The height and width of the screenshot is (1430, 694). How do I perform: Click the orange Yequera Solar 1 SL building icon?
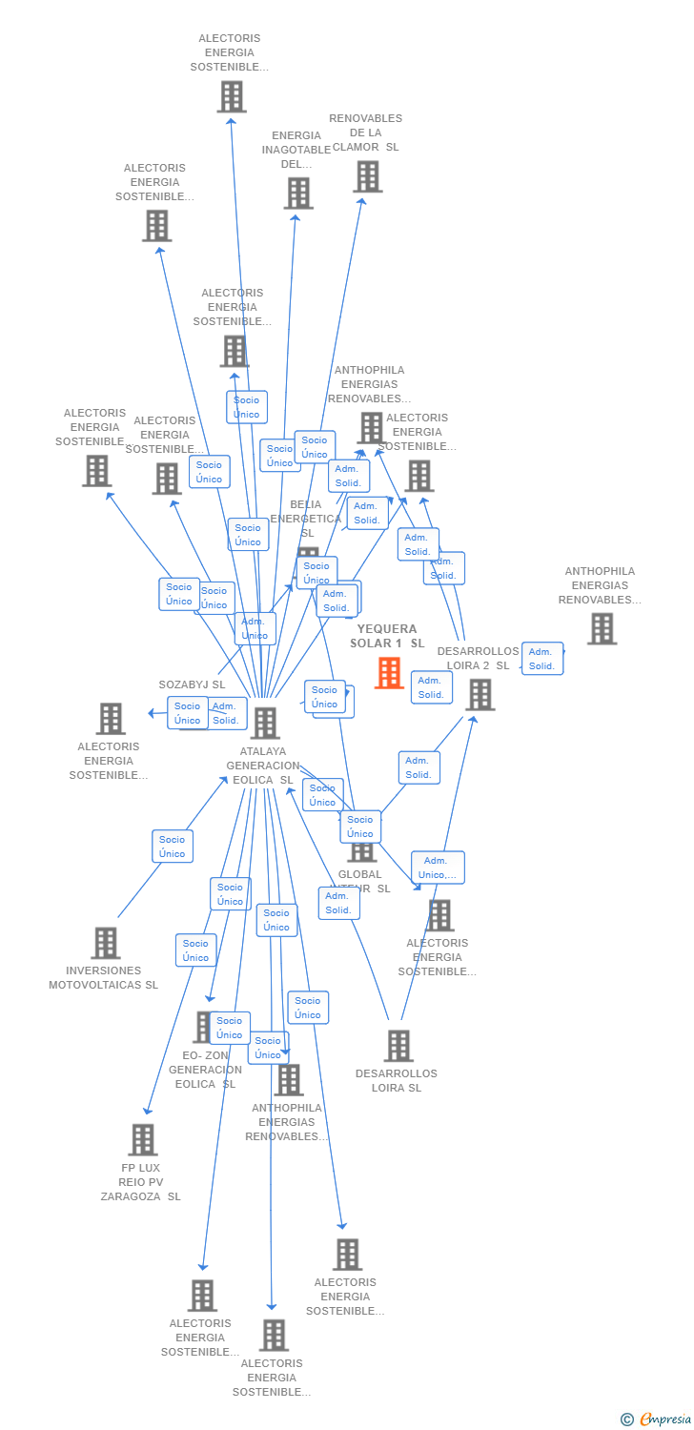click(389, 673)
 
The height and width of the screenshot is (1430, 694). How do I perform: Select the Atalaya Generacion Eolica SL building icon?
click(264, 723)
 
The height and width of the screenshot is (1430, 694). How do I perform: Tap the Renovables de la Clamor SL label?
click(366, 133)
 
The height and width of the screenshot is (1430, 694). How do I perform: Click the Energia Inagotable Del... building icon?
click(297, 194)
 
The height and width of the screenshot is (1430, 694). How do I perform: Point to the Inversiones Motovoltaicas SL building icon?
click(105, 943)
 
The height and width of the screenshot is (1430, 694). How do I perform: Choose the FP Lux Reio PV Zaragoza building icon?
click(142, 1139)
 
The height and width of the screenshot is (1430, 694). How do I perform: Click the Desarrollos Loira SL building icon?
click(398, 1046)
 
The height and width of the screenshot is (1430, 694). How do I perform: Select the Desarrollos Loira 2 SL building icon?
click(480, 694)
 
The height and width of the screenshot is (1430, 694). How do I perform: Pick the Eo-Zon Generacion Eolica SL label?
click(205, 1070)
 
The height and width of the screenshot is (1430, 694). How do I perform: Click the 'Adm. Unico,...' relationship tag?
click(439, 868)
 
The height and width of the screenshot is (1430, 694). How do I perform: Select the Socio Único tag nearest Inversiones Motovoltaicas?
click(173, 846)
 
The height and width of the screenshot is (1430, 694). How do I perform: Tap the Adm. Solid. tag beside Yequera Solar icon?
click(431, 687)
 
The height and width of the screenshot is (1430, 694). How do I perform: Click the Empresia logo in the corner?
click(657, 1420)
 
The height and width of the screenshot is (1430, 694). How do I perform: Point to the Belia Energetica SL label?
click(305, 518)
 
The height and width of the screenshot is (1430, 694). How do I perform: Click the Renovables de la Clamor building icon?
click(367, 176)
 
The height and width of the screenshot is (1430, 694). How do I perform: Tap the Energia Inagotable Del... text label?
click(296, 150)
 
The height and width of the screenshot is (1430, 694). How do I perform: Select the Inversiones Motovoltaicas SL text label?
click(104, 977)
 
